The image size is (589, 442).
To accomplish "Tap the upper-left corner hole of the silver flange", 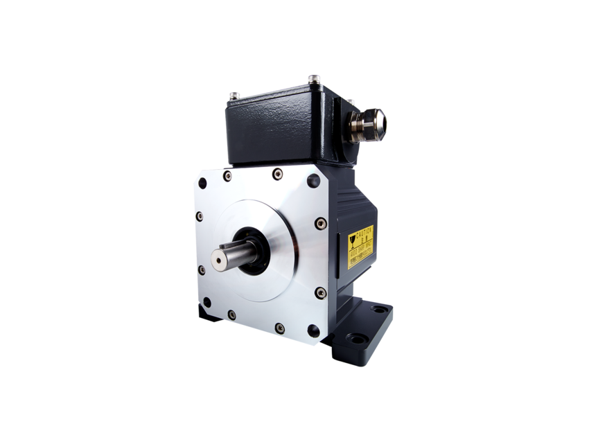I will tap(202, 184).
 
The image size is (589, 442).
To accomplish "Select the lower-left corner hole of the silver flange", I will tap(206, 302).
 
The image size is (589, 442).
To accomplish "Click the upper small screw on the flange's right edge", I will tap(321, 224).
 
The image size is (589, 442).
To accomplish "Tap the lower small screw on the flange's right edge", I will tap(320, 292).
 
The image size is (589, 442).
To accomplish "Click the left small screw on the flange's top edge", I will tap(227, 176).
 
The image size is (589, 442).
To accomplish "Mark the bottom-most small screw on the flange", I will tap(279, 328).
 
